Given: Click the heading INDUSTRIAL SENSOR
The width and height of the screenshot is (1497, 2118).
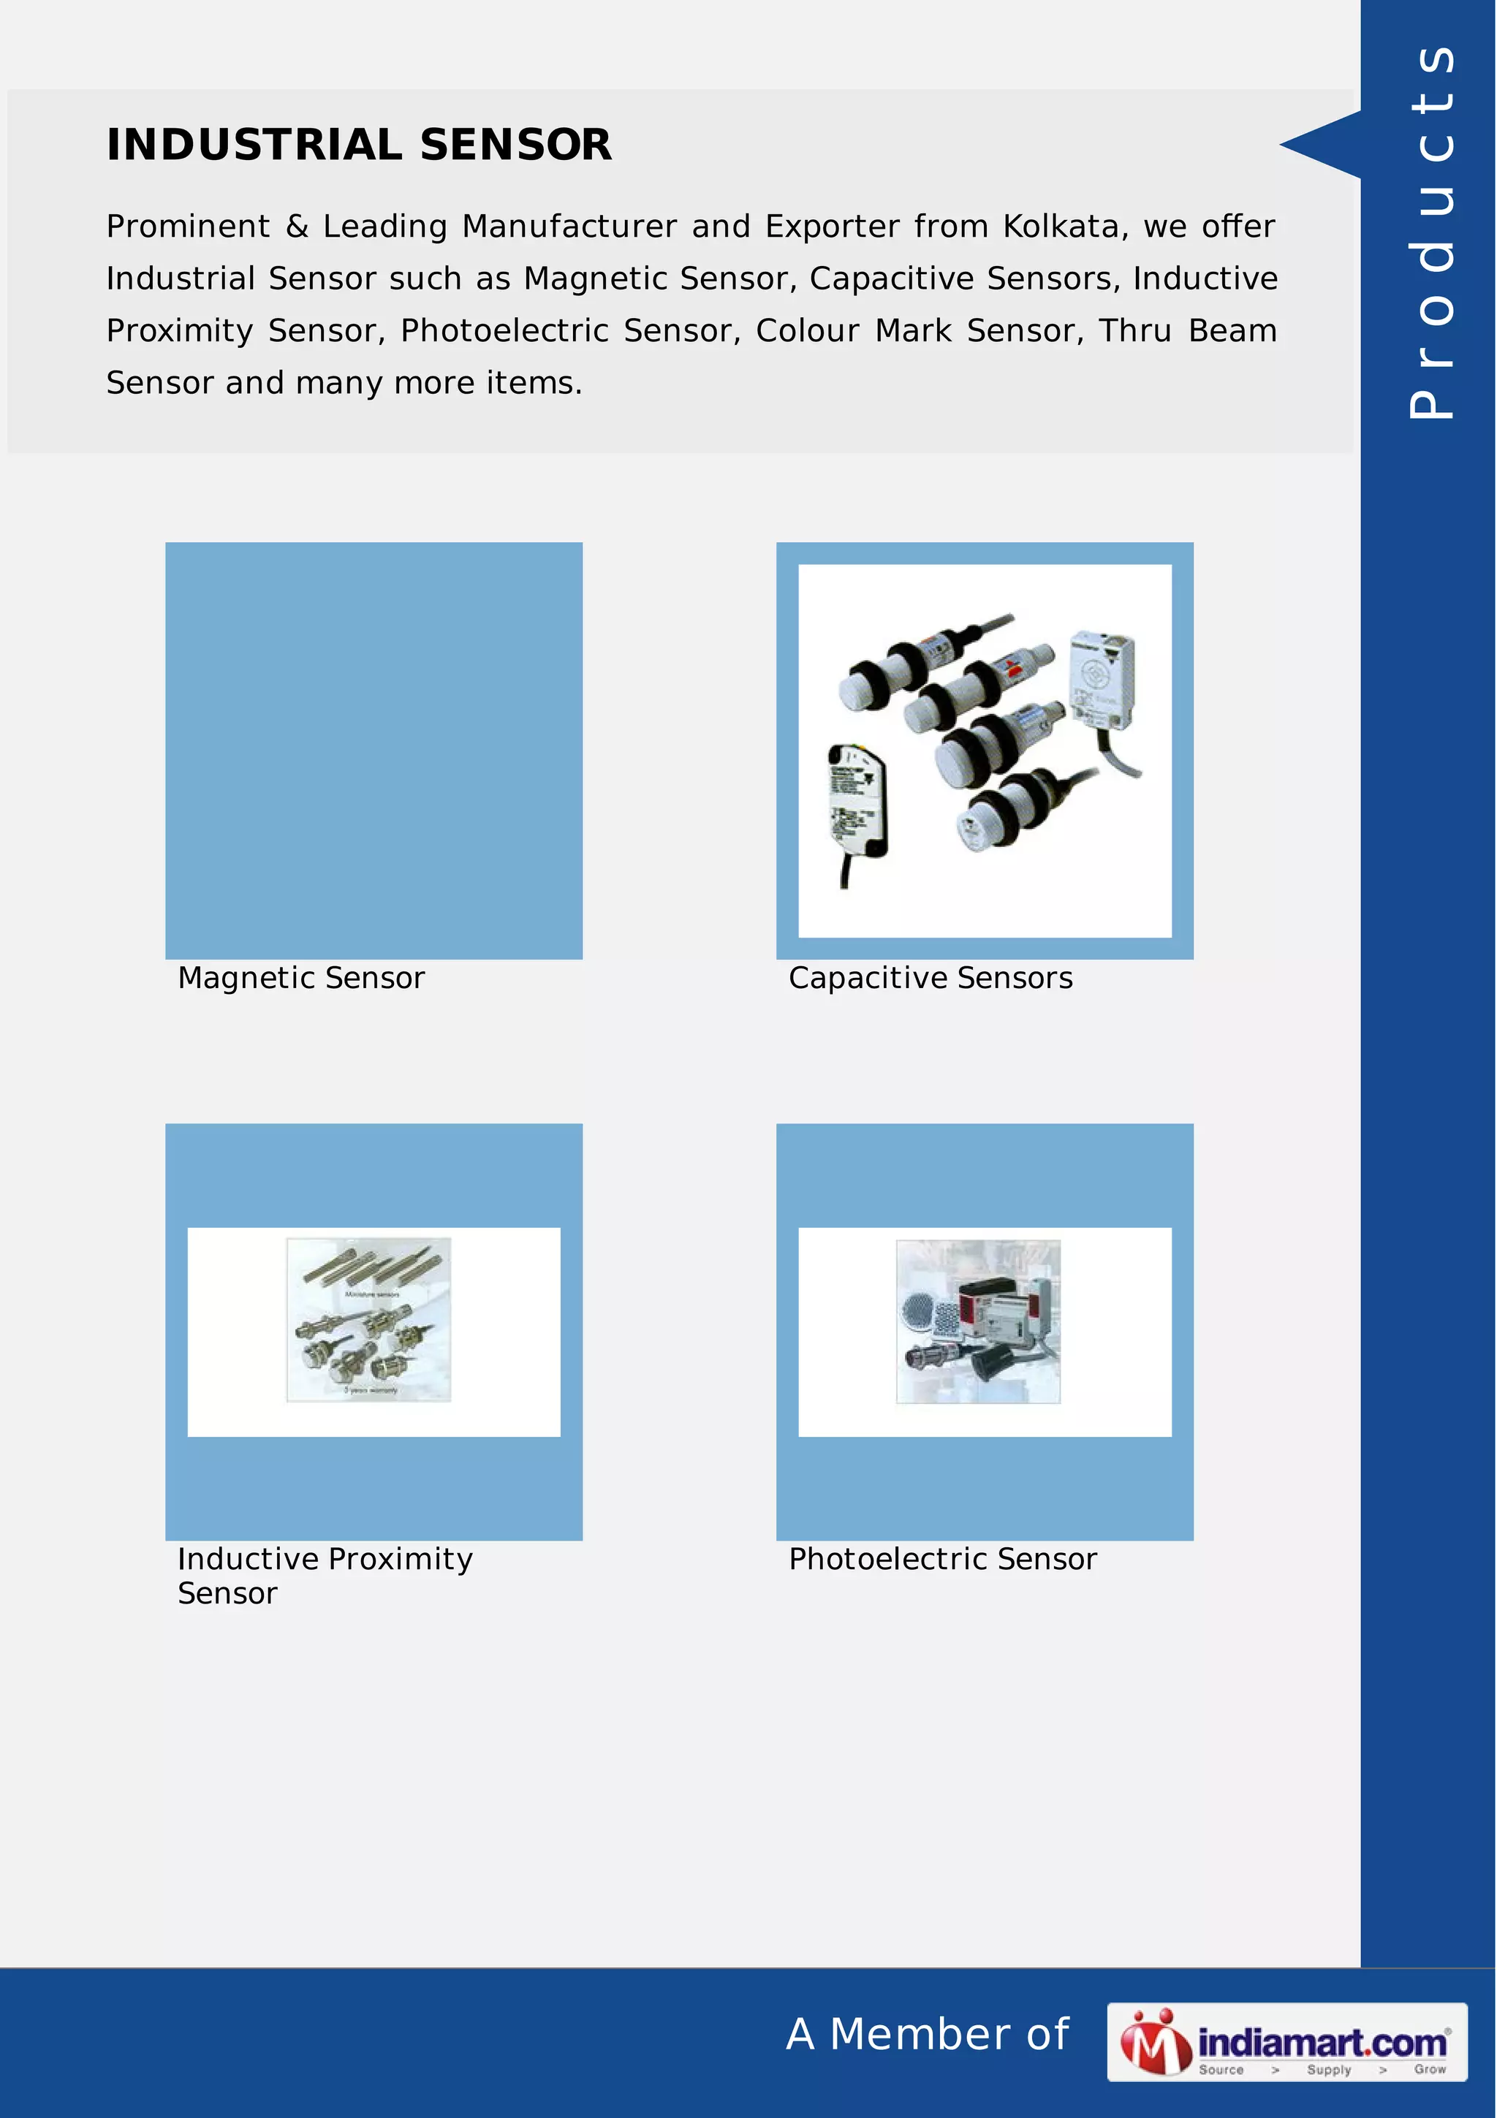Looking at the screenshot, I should pos(359,145).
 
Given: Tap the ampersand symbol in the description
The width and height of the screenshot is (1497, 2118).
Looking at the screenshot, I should pos(296,226).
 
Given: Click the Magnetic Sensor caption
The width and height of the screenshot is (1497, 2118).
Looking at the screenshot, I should pos(300,978).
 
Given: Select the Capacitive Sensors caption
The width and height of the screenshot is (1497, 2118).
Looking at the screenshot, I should pos(930,978).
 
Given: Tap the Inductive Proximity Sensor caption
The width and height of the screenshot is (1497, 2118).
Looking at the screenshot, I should pos(324,1576).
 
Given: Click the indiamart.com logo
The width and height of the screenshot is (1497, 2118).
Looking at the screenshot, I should pos(1286,2041).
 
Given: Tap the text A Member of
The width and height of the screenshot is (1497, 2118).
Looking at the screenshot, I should pos(927,2034).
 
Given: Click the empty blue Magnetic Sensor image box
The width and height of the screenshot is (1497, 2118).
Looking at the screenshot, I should pos(374,750).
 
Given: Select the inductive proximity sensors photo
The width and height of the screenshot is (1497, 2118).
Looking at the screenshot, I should pos(369,1319).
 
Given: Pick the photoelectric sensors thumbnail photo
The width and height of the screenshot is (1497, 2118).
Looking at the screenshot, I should pos(978,1321).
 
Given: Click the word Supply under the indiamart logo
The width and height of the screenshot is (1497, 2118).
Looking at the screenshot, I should pos(1328,2069).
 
